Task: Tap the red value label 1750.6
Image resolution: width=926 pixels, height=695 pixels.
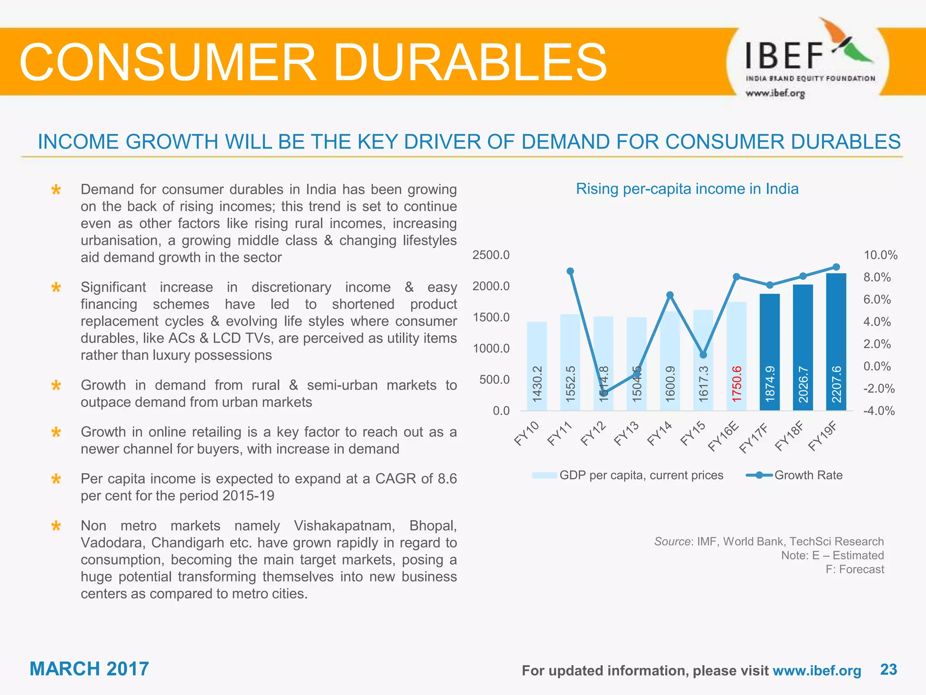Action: click(x=737, y=384)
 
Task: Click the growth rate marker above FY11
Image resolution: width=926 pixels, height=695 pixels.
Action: click(x=570, y=271)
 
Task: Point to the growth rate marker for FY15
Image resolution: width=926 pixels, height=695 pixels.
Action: click(x=703, y=355)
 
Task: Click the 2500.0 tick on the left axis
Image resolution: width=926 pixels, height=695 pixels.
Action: click(x=491, y=255)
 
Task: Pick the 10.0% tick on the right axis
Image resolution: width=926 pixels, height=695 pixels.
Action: click(x=880, y=255)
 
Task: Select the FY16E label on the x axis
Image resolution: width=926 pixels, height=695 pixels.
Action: click(x=723, y=436)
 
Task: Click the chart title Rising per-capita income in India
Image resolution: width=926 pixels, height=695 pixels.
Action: click(x=687, y=189)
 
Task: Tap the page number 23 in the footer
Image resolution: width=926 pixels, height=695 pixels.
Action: click(x=888, y=669)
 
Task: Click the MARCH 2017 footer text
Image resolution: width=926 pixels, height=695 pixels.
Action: click(x=89, y=669)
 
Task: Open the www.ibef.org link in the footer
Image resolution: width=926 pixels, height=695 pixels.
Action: click(x=817, y=671)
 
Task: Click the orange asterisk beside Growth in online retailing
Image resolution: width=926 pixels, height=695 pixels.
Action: click(x=56, y=433)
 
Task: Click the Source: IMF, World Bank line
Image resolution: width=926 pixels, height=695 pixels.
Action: click(x=769, y=542)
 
